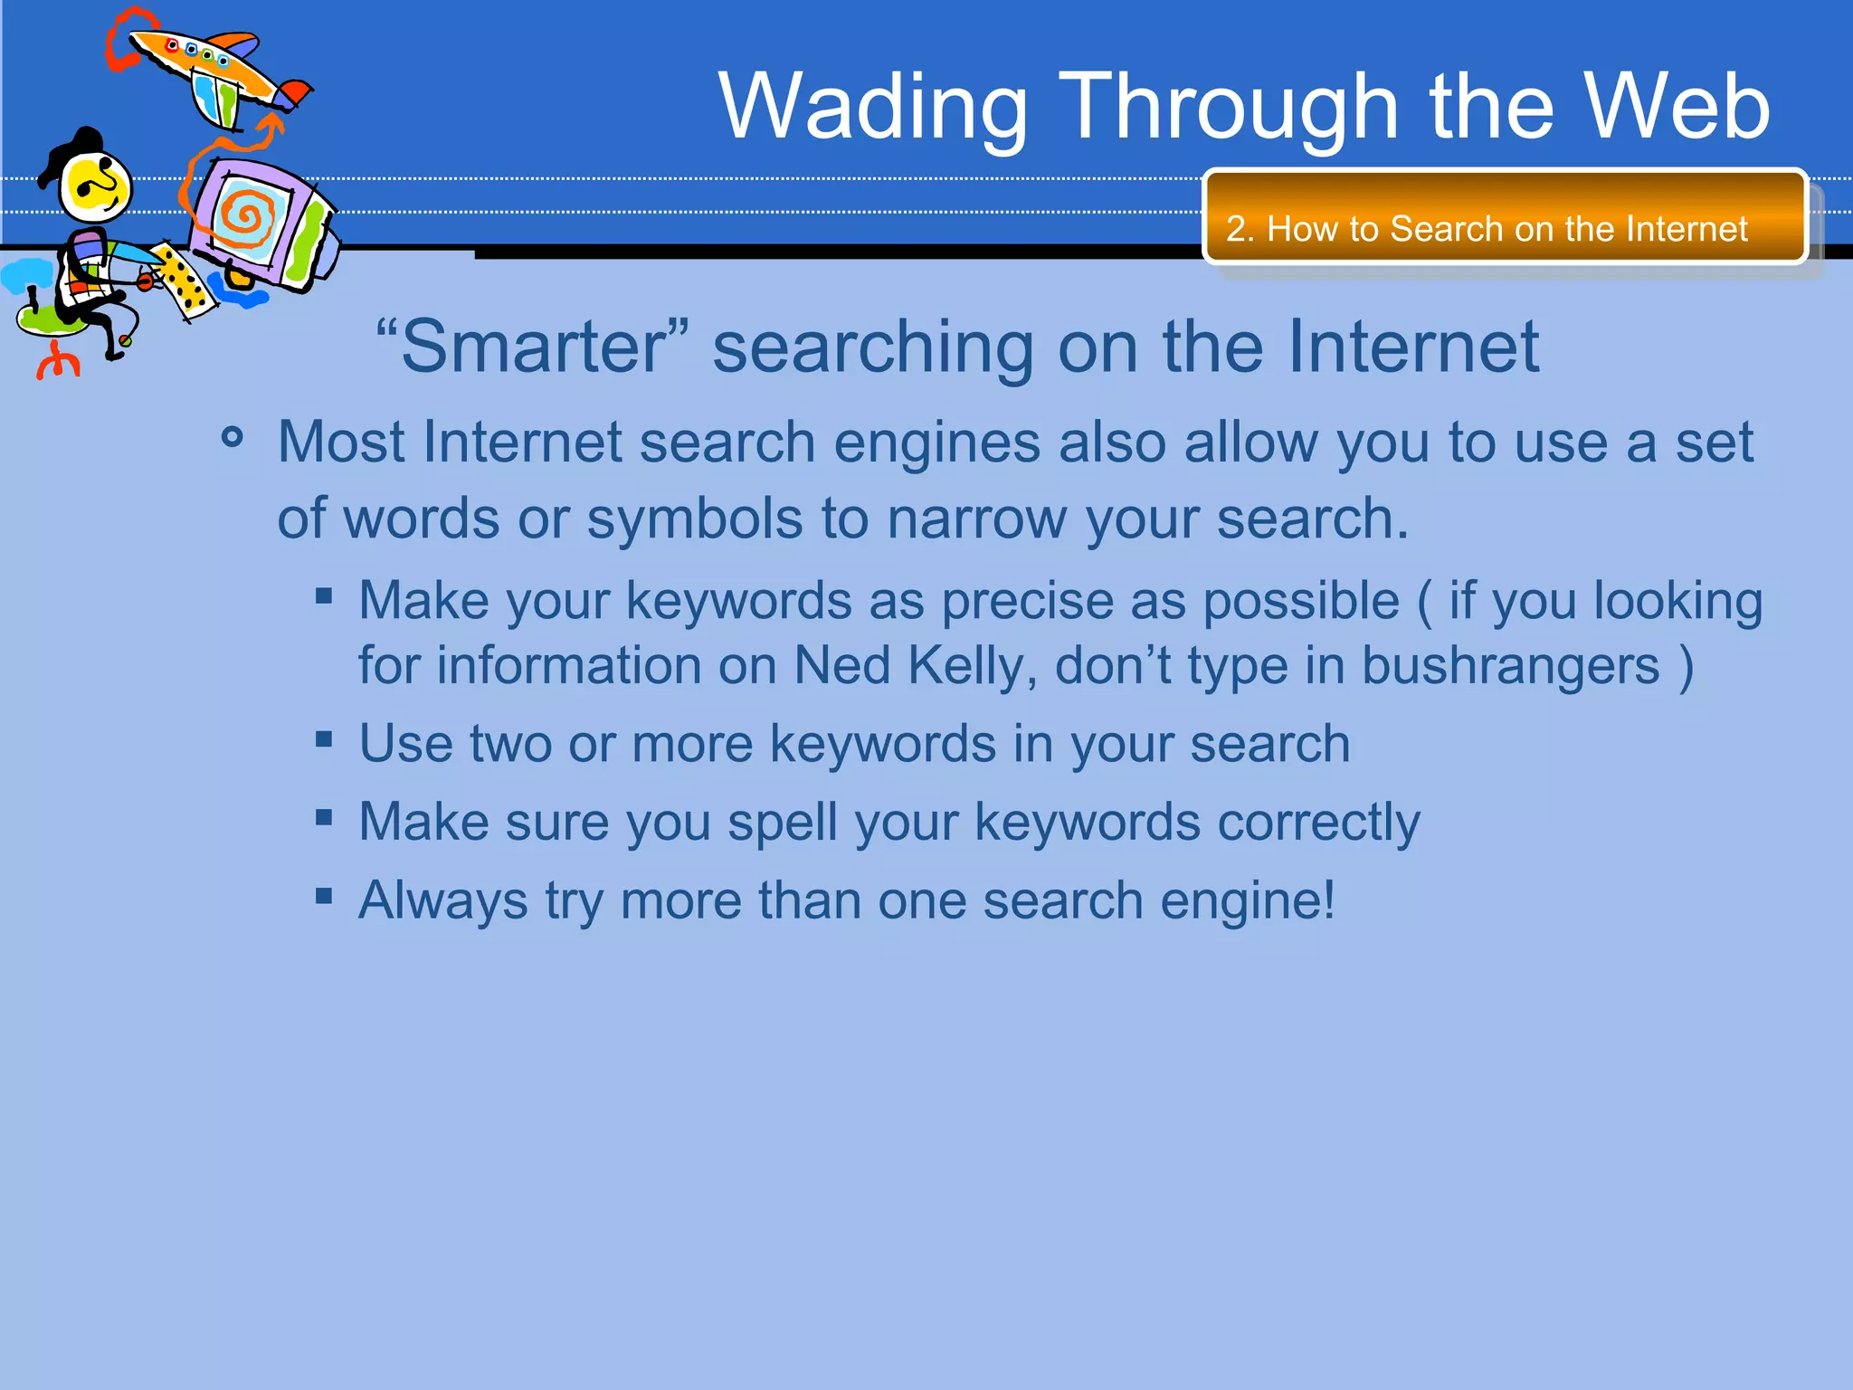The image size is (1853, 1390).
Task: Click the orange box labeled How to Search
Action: (x=1505, y=217)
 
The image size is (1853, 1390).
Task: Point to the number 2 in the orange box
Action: (x=1236, y=229)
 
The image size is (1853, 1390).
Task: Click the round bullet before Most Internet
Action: (x=233, y=438)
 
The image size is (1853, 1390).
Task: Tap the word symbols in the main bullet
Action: (x=694, y=519)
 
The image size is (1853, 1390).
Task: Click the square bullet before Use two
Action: (x=324, y=740)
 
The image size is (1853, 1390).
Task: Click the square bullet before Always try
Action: (x=324, y=897)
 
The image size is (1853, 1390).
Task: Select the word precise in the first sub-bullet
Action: (x=1063, y=602)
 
